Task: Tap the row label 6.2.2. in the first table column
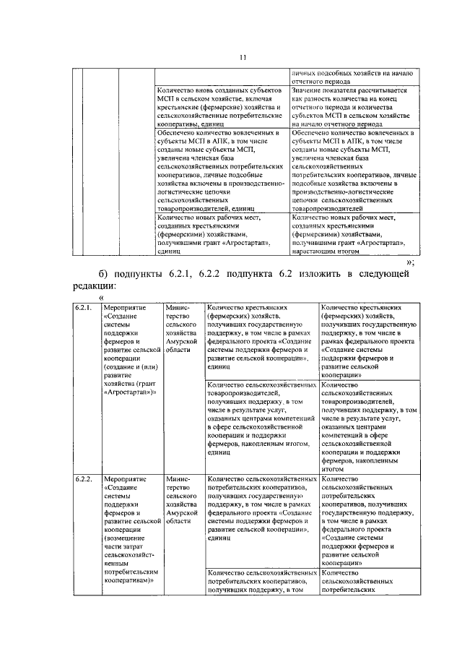tap(84, 479)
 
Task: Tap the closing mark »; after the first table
tap(410, 262)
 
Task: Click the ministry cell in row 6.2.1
tap(182, 328)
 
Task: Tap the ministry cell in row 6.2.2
tap(182, 499)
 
